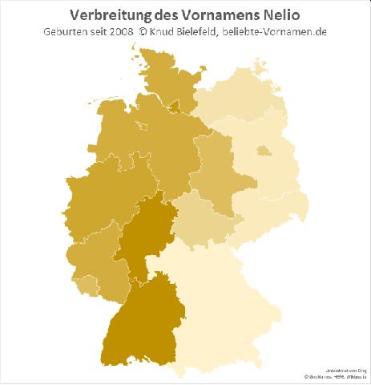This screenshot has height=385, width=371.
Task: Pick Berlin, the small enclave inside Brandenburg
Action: pos(262,150)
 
